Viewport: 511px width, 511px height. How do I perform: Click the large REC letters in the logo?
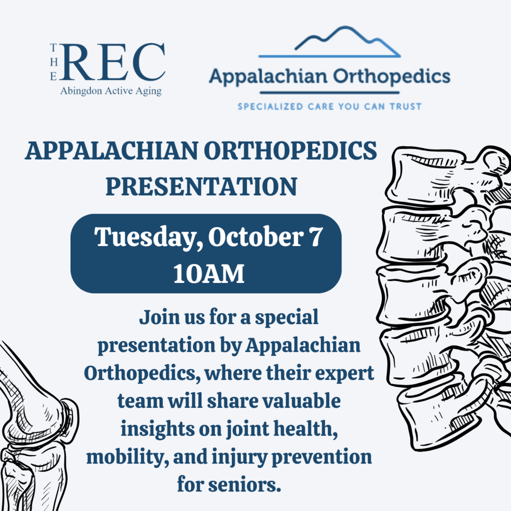[114, 62]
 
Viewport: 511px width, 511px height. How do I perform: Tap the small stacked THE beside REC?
[54, 62]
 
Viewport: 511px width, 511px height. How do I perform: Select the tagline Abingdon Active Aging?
[110, 91]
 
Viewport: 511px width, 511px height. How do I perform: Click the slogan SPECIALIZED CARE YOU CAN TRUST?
[329, 106]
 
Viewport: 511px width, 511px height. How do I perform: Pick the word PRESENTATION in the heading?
[201, 186]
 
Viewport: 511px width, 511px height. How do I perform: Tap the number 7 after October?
[312, 237]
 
